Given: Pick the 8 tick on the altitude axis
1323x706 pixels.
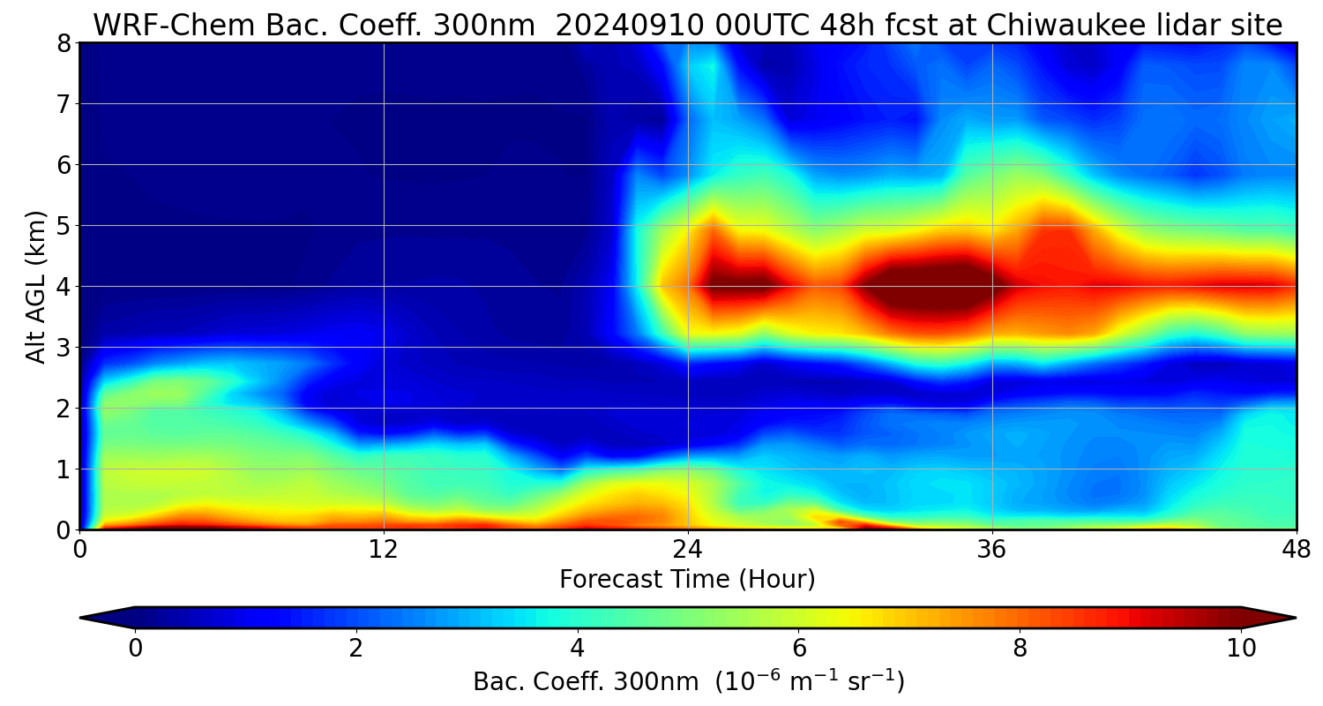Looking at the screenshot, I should pyautogui.click(x=63, y=43).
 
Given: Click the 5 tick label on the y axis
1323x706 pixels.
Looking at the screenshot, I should pyautogui.click(x=63, y=226).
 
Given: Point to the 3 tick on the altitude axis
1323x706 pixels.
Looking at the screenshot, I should pyautogui.click(x=63, y=348).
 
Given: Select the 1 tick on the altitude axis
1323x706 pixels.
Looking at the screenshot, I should pyautogui.click(x=63, y=469).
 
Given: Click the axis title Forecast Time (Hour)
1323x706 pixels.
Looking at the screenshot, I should pyautogui.click(x=687, y=580).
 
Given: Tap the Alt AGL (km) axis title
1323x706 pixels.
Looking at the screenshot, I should pyautogui.click(x=36, y=287).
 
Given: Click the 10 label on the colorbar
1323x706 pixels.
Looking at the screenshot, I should pyautogui.click(x=1241, y=649).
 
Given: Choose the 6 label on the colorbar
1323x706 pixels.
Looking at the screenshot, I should pyautogui.click(x=798, y=649).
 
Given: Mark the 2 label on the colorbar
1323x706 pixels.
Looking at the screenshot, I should pyautogui.click(x=355, y=649).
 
